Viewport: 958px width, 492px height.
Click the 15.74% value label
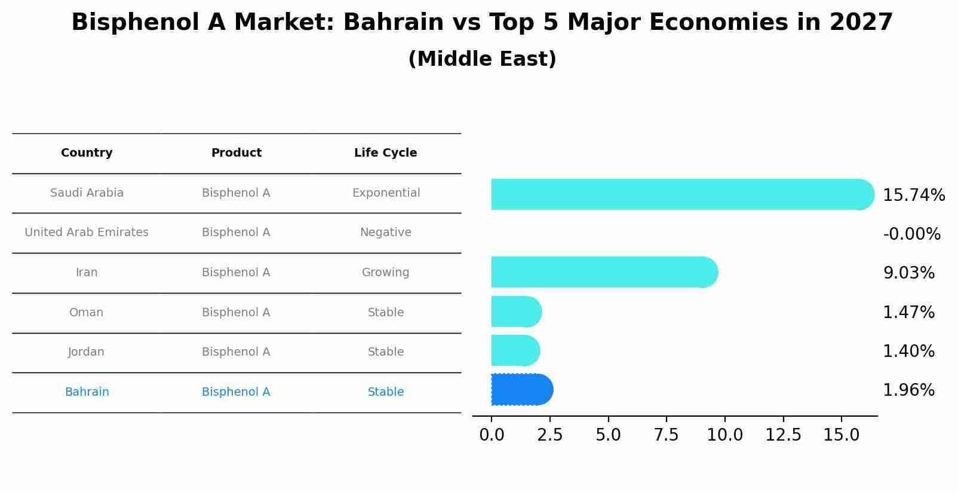click(913, 195)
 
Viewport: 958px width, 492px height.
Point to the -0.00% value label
click(911, 234)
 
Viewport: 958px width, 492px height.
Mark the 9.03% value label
click(908, 273)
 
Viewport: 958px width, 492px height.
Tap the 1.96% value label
click(908, 390)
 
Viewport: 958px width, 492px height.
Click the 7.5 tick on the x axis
click(666, 435)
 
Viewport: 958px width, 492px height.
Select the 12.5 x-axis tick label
click(783, 435)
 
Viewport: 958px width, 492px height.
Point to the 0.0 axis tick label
click(492, 435)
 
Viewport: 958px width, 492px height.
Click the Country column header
click(87, 153)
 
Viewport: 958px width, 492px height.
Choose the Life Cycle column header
click(385, 153)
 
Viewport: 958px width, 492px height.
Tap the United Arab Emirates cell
click(87, 233)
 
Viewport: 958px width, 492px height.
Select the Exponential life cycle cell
click(386, 193)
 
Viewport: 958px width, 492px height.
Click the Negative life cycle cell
click(385, 233)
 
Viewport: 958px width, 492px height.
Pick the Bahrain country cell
click(87, 392)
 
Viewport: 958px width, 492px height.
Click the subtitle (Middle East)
click(482, 59)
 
